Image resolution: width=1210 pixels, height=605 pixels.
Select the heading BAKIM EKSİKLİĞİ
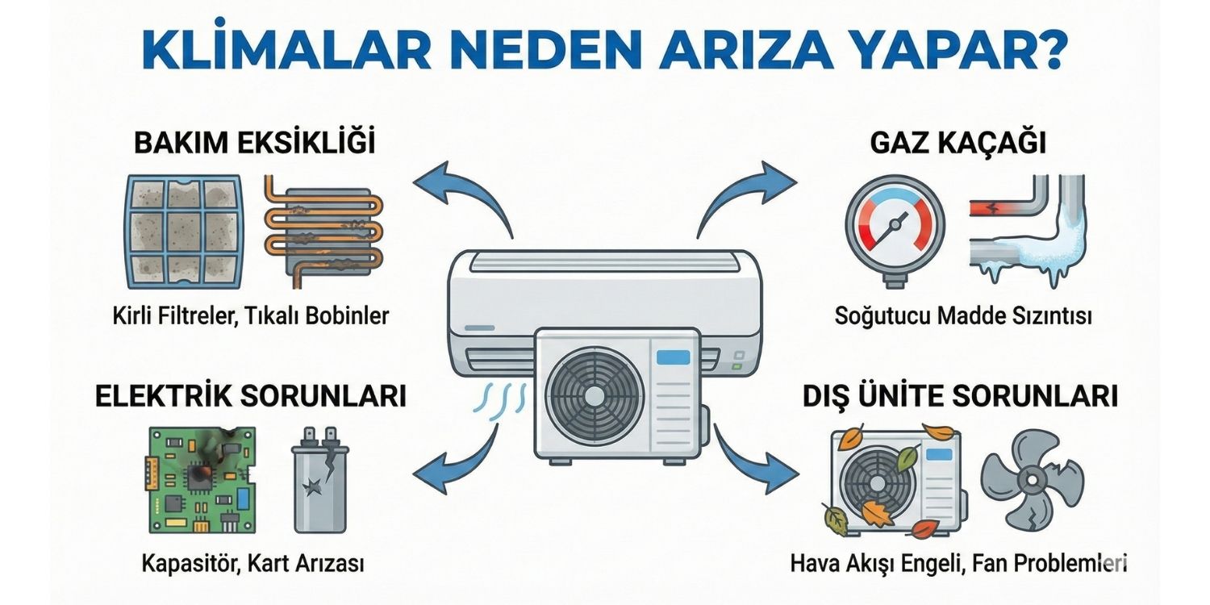[255, 144]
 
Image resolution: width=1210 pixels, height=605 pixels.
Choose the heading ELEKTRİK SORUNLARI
[250, 396]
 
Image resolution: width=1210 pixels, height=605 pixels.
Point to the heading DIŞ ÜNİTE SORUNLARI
[960, 396]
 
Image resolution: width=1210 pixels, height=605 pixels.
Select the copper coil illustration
[323, 232]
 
